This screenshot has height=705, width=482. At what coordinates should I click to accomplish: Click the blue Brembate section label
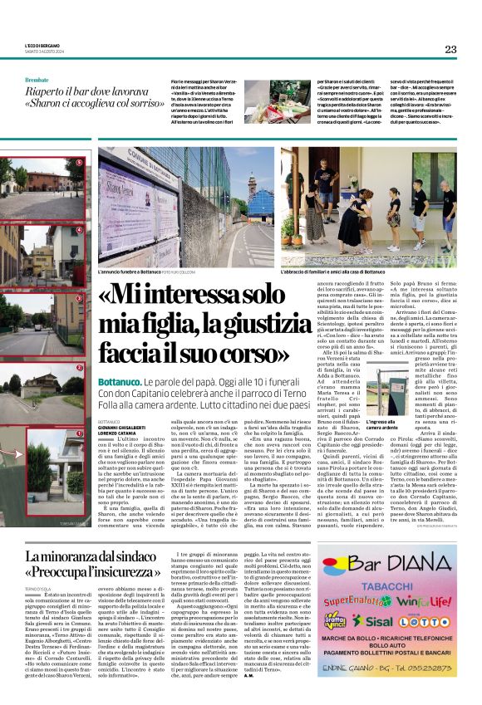click(37, 79)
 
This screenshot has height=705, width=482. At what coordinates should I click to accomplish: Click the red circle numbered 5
click(80, 163)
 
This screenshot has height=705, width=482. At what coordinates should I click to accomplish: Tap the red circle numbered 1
click(80, 433)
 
